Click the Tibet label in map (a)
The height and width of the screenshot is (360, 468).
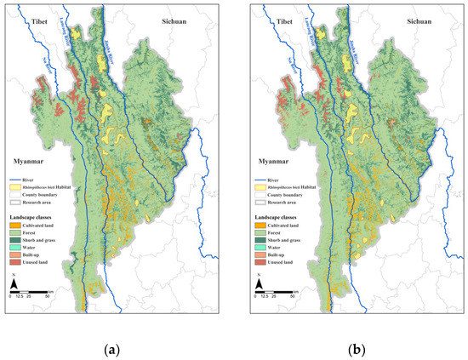[x=34, y=20]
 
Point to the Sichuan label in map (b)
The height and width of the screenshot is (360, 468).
[x=419, y=20]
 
